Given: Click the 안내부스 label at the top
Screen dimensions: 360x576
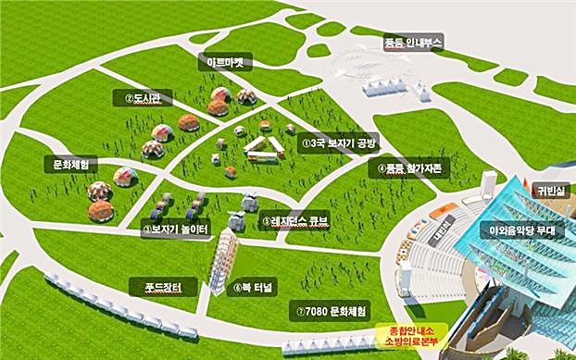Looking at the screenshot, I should pyautogui.click(x=414, y=43).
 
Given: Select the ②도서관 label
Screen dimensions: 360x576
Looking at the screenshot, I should pyautogui.click(x=143, y=98).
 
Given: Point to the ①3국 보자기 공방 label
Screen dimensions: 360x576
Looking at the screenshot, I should pyautogui.click(x=340, y=144).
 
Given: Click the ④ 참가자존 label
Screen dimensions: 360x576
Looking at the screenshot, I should pyautogui.click(x=409, y=169).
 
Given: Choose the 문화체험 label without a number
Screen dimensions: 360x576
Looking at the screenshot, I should pyautogui.click(x=70, y=165).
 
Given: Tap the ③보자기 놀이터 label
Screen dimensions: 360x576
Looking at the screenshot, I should pyautogui.click(x=176, y=229).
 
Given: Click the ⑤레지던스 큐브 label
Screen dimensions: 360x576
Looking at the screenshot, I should pyautogui.click(x=294, y=221).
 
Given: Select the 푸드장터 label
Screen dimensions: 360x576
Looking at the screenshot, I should pyautogui.click(x=163, y=287).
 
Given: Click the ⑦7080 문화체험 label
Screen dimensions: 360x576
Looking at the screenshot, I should pyautogui.click(x=329, y=308).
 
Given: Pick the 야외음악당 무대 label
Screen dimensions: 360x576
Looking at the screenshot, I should pyautogui.click(x=521, y=230).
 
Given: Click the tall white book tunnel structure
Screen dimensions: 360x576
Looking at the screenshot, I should pyautogui.click(x=220, y=259).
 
